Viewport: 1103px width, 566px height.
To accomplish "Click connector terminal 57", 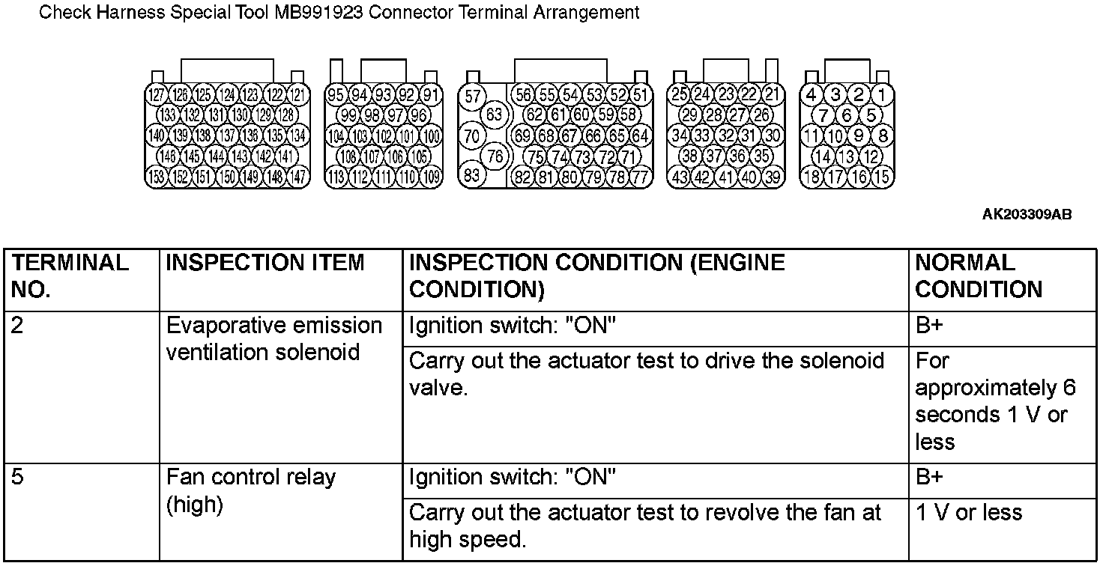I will (x=472, y=96).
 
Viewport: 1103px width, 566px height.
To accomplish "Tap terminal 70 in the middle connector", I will (x=472, y=136).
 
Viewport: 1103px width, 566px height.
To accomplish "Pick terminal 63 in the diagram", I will (x=495, y=115).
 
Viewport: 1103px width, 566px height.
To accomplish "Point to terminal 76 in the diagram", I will (x=495, y=156).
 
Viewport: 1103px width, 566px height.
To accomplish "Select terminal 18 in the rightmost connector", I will (x=812, y=177).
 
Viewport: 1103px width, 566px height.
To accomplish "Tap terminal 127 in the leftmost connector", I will (x=157, y=95).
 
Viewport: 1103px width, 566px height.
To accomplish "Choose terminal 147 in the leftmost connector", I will (x=298, y=177).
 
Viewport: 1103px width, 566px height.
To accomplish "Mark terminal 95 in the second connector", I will (x=336, y=95).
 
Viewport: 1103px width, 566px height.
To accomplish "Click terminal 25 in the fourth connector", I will (x=680, y=95).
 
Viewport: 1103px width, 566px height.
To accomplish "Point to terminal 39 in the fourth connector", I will (x=773, y=177).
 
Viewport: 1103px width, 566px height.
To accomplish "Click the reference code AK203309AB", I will (x=1027, y=215).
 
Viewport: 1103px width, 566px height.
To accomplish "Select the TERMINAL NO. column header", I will (x=71, y=276).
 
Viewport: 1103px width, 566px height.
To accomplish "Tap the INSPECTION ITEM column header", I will (x=265, y=264).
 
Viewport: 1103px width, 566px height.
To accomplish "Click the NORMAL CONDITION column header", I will (x=979, y=276).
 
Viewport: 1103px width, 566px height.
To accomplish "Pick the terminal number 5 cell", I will (x=18, y=478).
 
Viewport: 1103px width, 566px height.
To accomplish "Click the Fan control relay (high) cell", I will (x=251, y=491).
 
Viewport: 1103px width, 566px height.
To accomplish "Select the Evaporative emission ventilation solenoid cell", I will (x=274, y=339).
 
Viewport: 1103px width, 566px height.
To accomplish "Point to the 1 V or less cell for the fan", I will (x=968, y=513).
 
